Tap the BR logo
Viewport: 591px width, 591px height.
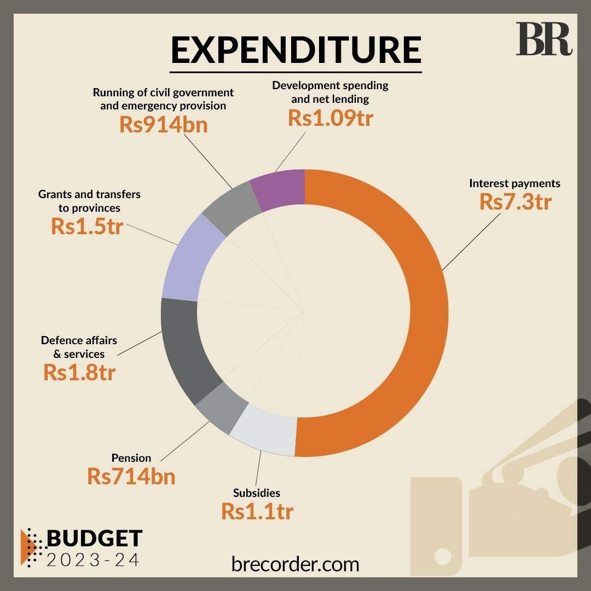point(543,39)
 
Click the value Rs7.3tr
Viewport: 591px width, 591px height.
point(515,202)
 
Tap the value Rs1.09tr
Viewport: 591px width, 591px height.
point(331,118)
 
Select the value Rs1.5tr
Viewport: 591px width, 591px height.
point(87,226)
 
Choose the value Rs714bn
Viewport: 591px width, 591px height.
point(131,476)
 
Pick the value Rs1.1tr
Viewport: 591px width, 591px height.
point(257,511)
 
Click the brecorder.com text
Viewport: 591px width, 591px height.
point(296,564)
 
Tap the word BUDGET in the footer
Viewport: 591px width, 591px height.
point(95,538)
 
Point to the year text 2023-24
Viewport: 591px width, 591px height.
point(92,560)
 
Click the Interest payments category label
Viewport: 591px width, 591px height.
point(514,183)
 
